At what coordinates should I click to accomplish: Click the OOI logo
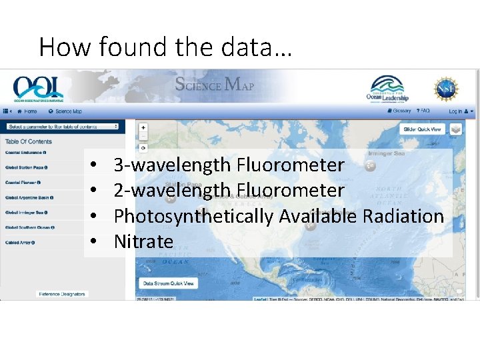pyautogui.click(x=37, y=87)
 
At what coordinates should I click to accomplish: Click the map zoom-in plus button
pyautogui.click(x=143, y=127)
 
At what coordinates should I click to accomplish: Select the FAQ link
pyautogui.click(x=423, y=111)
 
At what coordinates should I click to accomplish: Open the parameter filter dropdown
pyautogui.click(x=62, y=126)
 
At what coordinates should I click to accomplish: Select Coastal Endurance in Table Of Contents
pyautogui.click(x=26, y=153)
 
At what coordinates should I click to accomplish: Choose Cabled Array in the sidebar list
pyautogui.click(x=20, y=243)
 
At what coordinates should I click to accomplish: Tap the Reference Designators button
pyautogui.click(x=62, y=293)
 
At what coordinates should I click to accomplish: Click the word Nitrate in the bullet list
pyautogui.click(x=143, y=241)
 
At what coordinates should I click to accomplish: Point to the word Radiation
pyautogui.click(x=403, y=216)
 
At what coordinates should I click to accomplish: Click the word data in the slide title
pyautogui.click(x=249, y=48)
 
